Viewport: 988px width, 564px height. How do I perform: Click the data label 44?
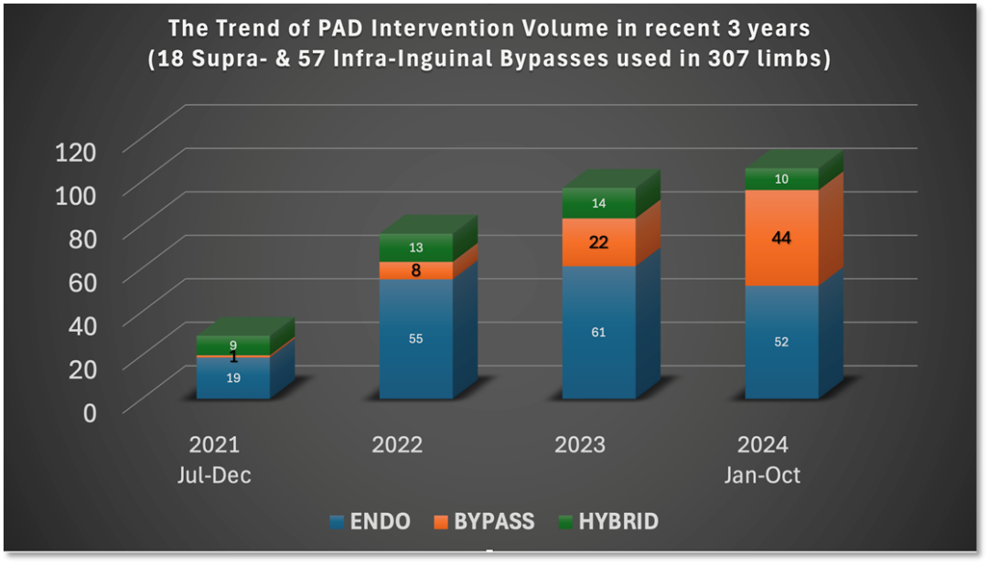tap(781, 239)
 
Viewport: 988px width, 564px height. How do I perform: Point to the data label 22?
tap(598, 242)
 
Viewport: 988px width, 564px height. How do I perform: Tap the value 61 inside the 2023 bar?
tap(598, 333)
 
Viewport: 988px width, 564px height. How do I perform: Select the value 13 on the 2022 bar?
tap(415, 248)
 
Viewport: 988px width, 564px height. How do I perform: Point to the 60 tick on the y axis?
tap(79, 282)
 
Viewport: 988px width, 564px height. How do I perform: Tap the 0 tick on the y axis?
tap(89, 412)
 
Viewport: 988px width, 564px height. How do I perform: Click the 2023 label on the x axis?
tap(580, 445)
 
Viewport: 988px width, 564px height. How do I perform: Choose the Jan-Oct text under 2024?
tap(763, 475)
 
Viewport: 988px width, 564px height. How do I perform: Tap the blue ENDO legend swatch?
tap(337, 523)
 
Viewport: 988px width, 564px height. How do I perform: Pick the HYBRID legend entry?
tap(618, 522)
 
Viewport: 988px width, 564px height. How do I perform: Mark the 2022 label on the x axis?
tap(397, 445)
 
